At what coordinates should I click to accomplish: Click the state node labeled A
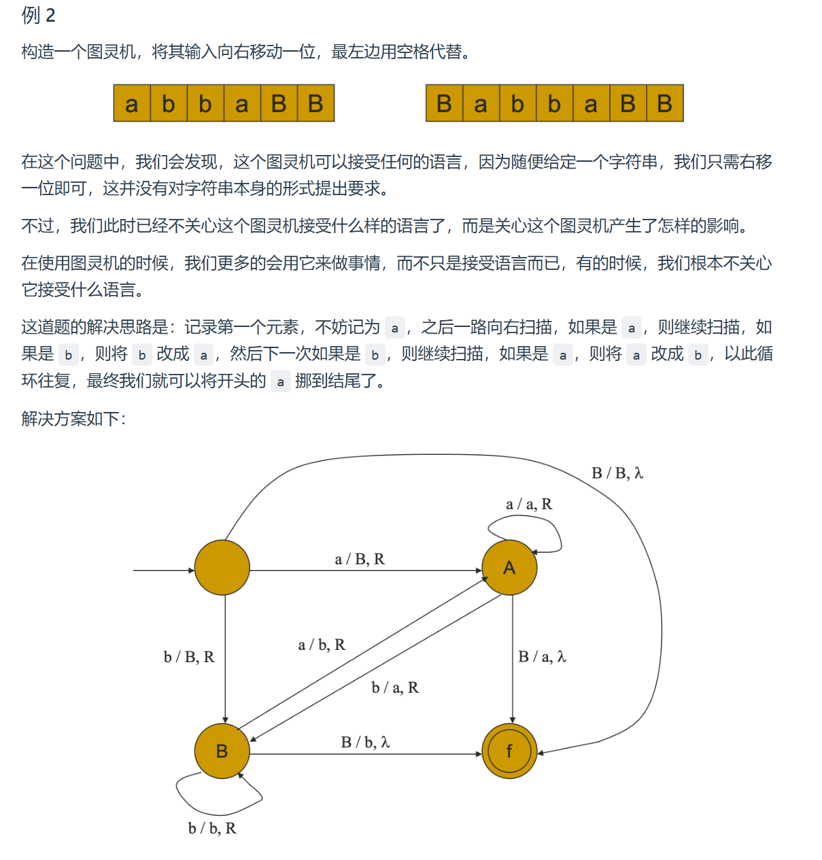pos(509,568)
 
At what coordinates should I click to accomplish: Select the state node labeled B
pos(222,751)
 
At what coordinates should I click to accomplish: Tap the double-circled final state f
pos(509,751)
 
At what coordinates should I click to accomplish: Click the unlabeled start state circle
pos(222,568)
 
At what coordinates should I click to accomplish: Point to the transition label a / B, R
pos(360,559)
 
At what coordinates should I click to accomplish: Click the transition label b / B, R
pos(189,657)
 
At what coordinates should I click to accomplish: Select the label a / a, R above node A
pos(529,504)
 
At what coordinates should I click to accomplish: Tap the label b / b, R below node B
pos(212,828)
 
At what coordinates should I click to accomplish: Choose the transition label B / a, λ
pos(542,657)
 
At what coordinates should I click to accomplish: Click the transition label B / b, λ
pos(365,742)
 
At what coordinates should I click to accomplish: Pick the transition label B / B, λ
pos(617,472)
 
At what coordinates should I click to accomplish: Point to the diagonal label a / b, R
pos(322,644)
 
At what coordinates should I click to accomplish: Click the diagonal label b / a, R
pos(395,687)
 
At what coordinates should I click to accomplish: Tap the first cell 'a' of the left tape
pos(132,103)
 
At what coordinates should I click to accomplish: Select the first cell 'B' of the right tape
pos(444,103)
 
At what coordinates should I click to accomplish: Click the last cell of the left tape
pos(315,103)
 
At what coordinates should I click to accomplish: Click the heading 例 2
pos(38,15)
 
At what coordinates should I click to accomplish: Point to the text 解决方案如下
pos(73,418)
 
